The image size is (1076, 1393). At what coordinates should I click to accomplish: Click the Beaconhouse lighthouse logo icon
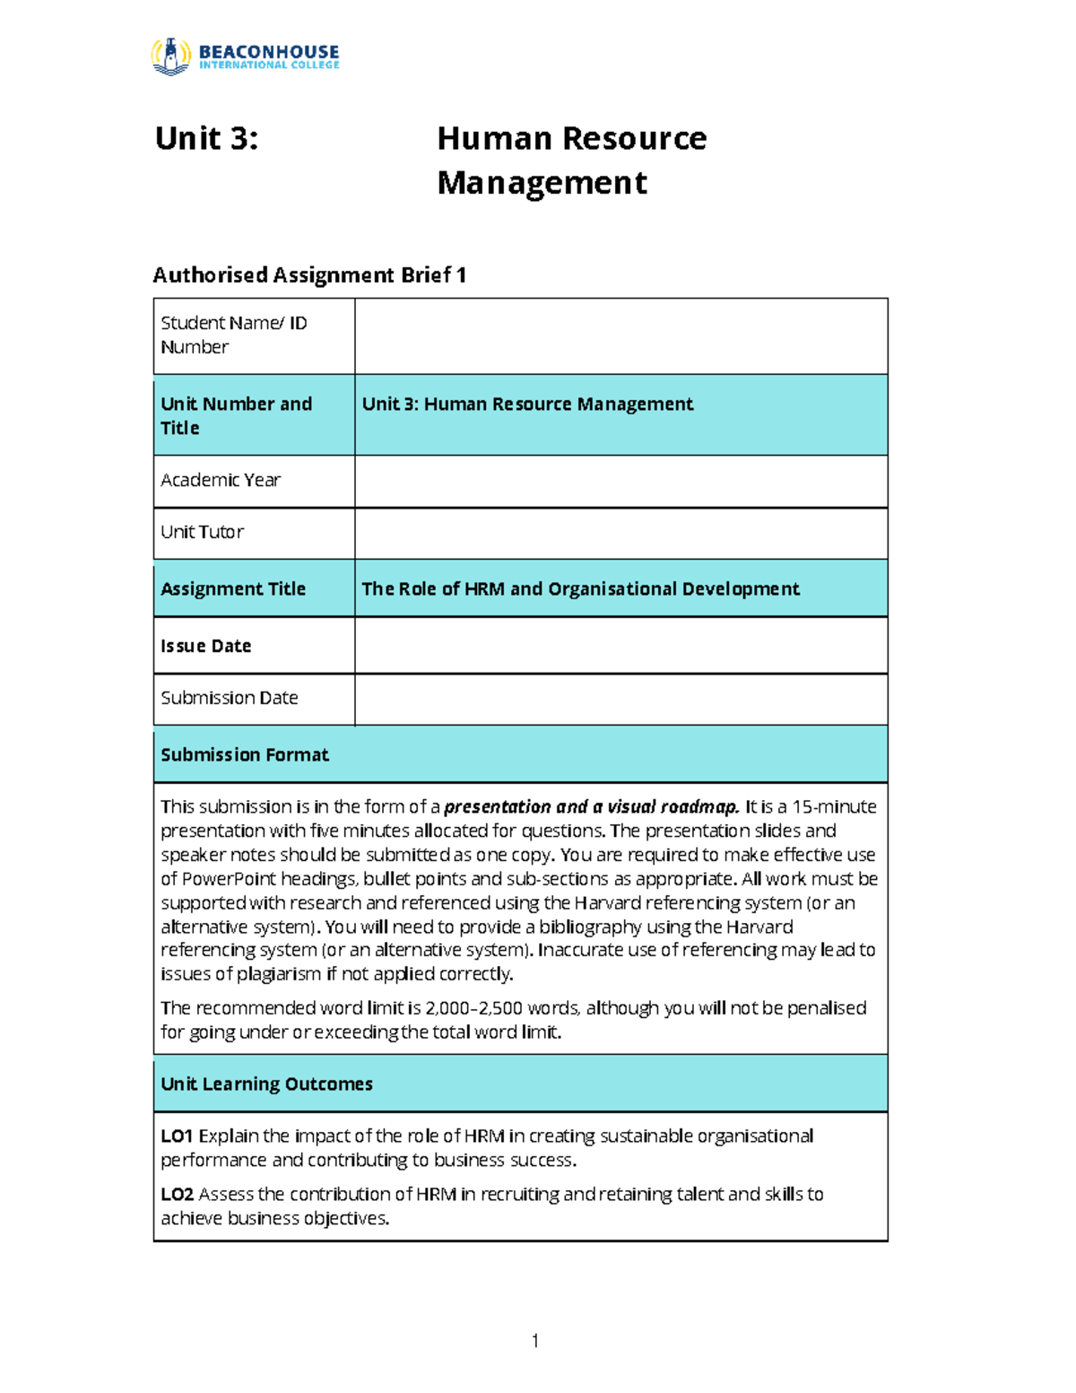click(170, 57)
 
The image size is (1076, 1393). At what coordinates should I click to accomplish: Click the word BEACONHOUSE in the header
click(269, 51)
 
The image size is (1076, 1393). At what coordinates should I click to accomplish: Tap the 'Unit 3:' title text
click(207, 139)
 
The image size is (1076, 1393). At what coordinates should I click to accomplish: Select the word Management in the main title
click(542, 183)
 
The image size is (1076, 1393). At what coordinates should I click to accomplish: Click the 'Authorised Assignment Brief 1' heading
click(309, 275)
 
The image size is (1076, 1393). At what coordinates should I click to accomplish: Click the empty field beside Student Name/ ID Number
click(620, 336)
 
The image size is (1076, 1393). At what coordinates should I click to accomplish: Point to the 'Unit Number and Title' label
click(237, 415)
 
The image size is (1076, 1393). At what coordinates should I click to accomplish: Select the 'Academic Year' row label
click(221, 481)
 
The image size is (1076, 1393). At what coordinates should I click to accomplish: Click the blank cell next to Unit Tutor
click(620, 534)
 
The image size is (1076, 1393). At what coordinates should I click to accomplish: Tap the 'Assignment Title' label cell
click(233, 589)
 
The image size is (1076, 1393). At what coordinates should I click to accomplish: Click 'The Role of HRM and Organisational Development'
click(580, 589)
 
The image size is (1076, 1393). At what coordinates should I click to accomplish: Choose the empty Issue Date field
click(620, 646)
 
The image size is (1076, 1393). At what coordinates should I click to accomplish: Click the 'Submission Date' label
click(230, 698)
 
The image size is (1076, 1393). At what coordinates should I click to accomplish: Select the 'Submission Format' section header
click(245, 755)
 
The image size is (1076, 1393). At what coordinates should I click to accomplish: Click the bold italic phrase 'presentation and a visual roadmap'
click(592, 807)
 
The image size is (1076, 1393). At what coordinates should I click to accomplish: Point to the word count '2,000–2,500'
click(474, 1008)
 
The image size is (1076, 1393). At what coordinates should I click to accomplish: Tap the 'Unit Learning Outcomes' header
click(266, 1084)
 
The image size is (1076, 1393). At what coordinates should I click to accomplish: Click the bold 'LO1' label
click(177, 1136)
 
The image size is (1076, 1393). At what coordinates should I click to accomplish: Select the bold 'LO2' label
click(178, 1195)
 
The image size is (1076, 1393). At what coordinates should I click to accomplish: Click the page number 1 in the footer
click(535, 1341)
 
